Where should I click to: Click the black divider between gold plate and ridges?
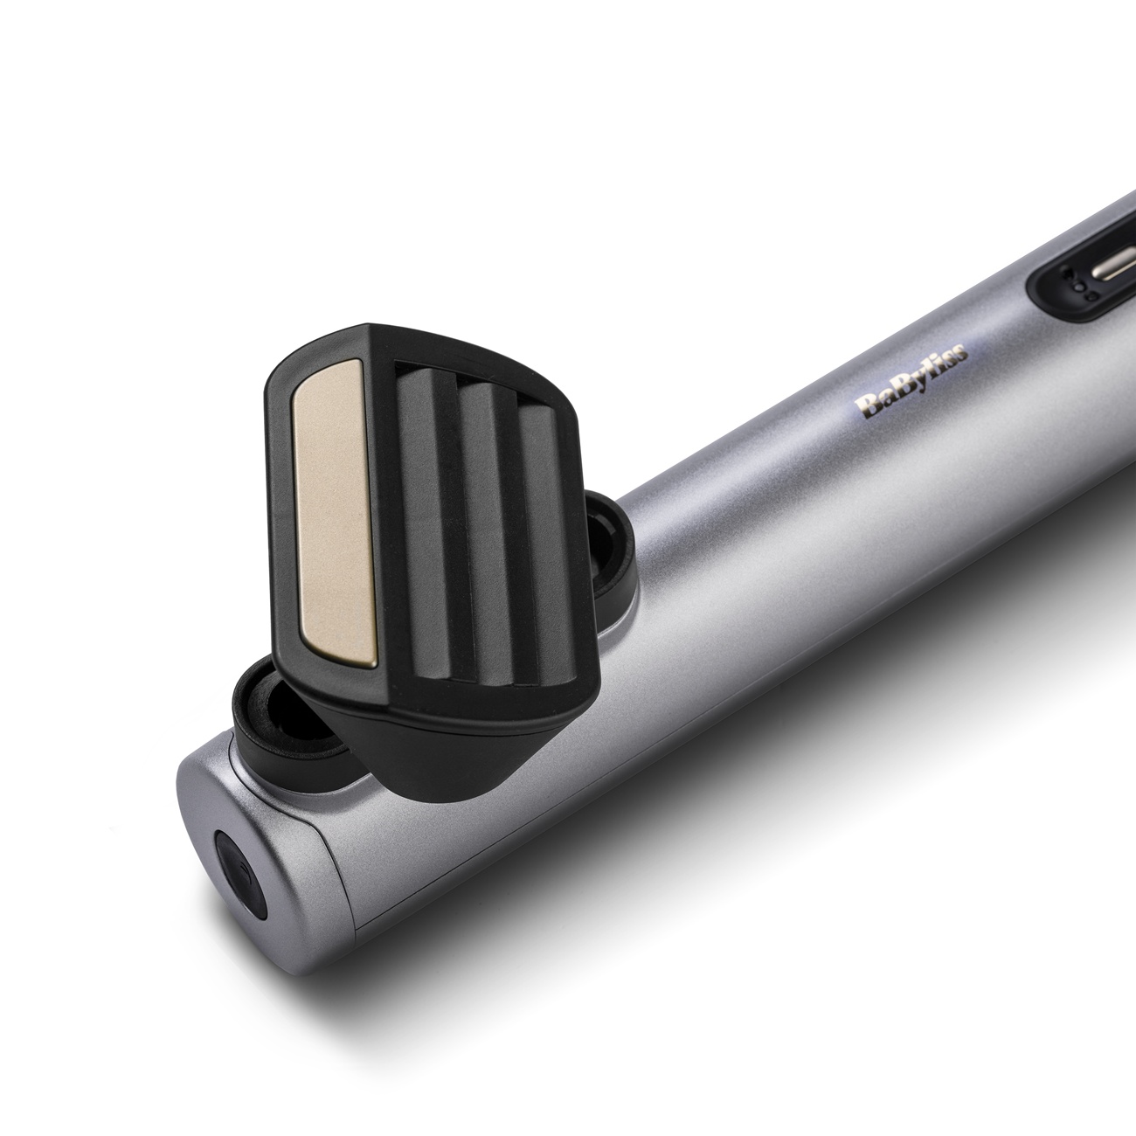click(384, 489)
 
